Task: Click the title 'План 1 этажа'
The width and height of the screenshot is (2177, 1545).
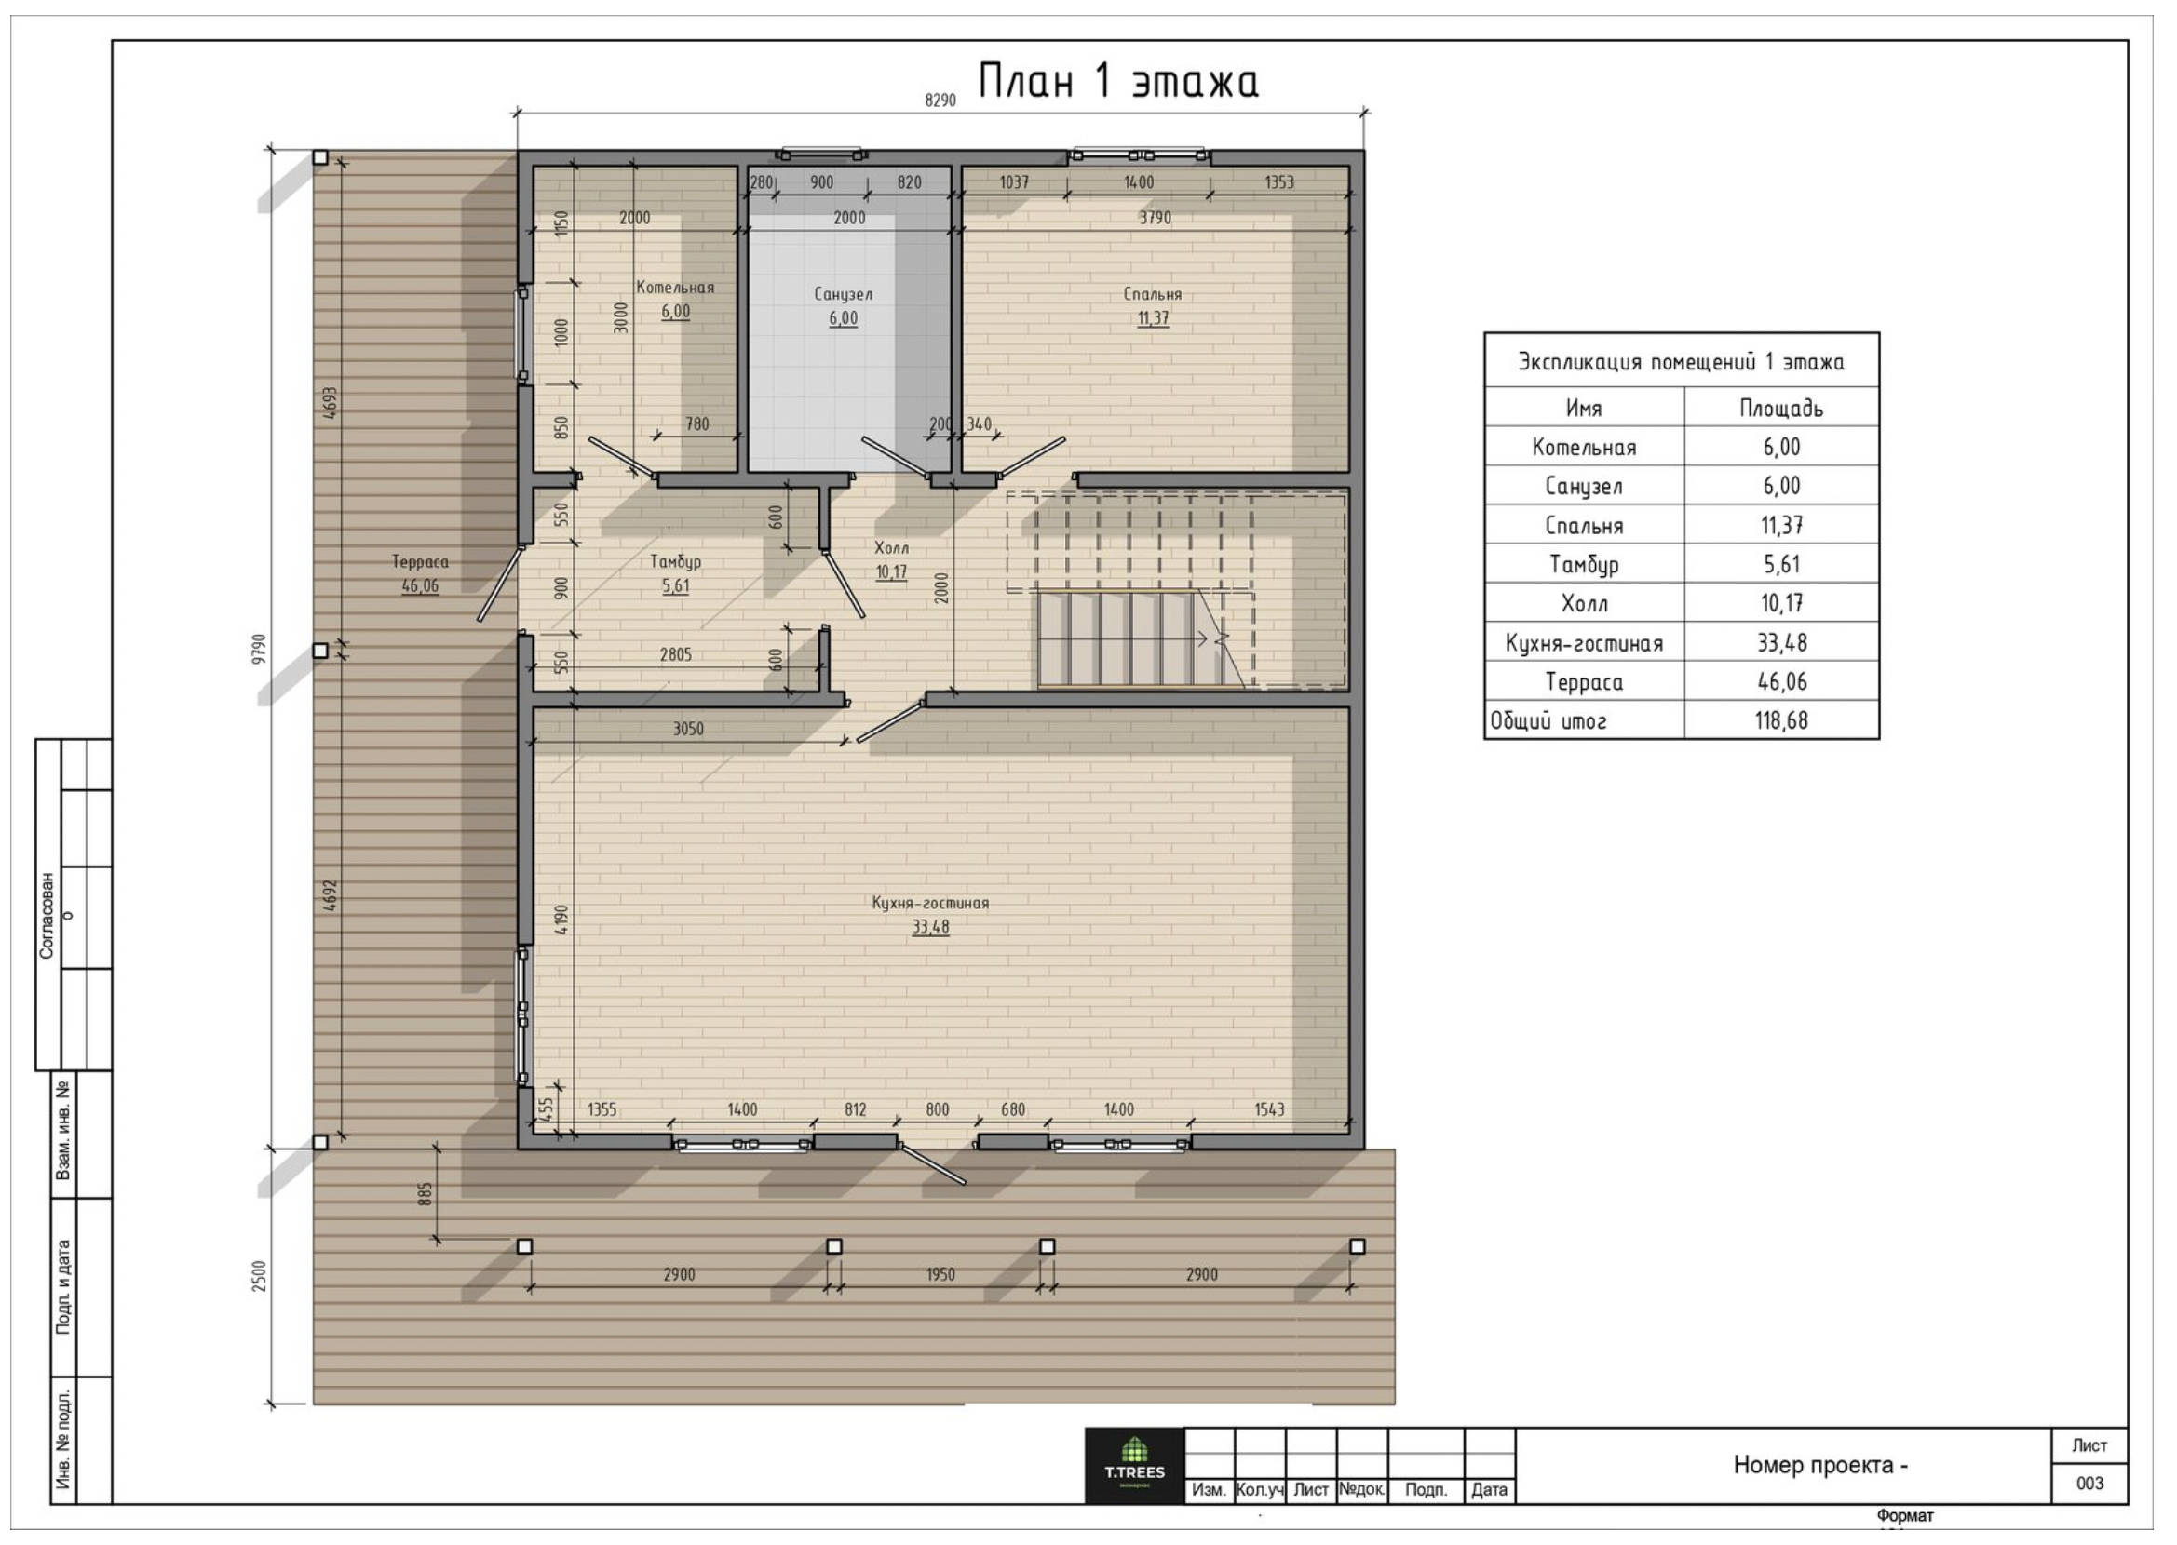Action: (1119, 81)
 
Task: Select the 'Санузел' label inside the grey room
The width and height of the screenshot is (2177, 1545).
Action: (843, 294)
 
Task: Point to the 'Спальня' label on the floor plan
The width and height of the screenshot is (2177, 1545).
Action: (1152, 294)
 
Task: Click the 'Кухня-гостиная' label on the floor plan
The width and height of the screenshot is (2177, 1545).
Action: (930, 903)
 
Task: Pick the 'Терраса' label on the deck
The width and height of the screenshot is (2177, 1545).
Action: (420, 562)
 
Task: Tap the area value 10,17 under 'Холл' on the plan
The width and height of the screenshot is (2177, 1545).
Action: (891, 571)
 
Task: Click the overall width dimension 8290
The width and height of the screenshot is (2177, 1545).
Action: (940, 100)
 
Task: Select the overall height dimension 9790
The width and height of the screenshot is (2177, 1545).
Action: (260, 649)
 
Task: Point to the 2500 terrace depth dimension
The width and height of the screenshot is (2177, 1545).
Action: (260, 1276)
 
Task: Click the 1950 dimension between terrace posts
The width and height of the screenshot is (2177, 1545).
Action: (940, 1275)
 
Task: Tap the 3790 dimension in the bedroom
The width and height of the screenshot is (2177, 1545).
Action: (1156, 218)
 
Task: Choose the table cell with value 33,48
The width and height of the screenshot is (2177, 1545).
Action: (1781, 643)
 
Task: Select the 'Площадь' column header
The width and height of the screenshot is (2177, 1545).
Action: (1781, 409)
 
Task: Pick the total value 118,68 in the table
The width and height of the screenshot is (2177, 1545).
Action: (1781, 721)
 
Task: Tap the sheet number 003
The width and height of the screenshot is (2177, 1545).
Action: (2089, 1484)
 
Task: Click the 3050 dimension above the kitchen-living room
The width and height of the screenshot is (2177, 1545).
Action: (688, 730)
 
